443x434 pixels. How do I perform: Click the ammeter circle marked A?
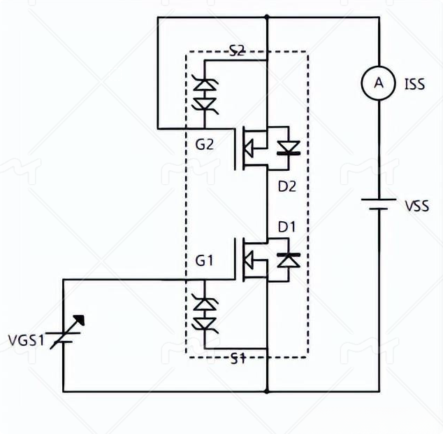click(x=379, y=83)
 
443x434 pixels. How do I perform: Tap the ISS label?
click(x=414, y=85)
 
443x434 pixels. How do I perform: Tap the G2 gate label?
click(x=204, y=146)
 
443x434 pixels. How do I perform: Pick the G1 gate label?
click(x=204, y=260)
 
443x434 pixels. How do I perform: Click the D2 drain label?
click(x=287, y=187)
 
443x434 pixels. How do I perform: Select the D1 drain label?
click(x=287, y=227)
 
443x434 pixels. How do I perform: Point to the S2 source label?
click(x=237, y=50)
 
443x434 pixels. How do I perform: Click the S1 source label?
click(x=238, y=359)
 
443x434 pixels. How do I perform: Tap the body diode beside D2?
click(x=288, y=148)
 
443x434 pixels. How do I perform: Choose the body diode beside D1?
click(x=288, y=260)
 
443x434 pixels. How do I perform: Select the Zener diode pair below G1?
click(x=204, y=314)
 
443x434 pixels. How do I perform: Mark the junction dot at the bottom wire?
click(x=268, y=391)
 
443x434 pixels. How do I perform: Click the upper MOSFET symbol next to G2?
click(x=250, y=147)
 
